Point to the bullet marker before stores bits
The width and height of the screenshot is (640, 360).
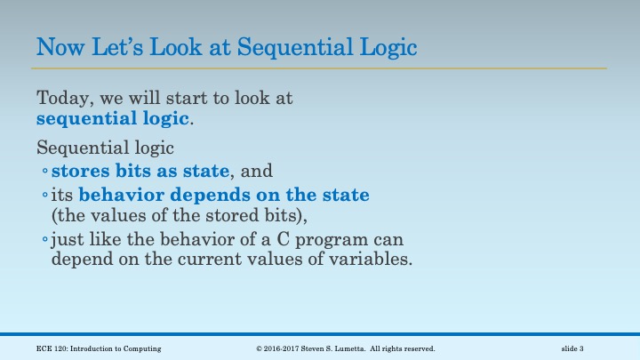pyautogui.click(x=45, y=171)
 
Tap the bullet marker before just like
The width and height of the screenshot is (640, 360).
pyautogui.click(x=45, y=241)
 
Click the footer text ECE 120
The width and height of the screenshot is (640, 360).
pyautogui.click(x=45, y=348)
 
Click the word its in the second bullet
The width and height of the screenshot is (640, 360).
pyautogui.click(x=63, y=194)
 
